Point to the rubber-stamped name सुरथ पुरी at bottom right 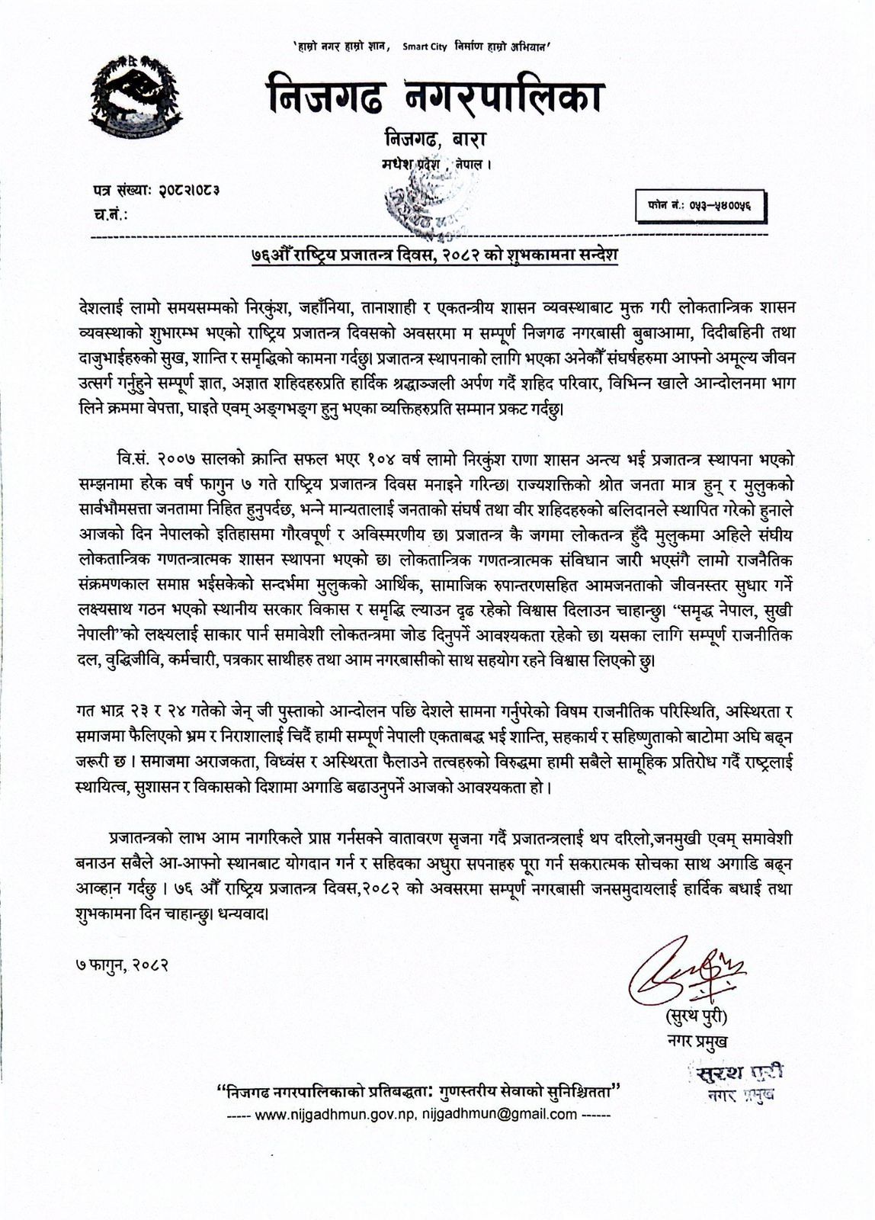730,1072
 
